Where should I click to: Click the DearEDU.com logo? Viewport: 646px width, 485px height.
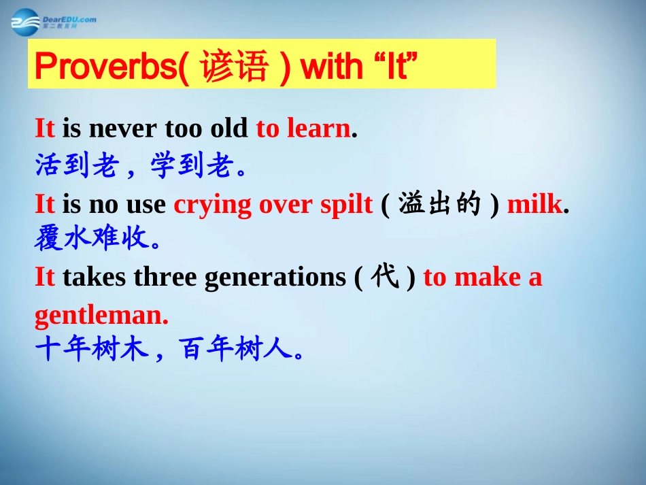pyautogui.click(x=54, y=22)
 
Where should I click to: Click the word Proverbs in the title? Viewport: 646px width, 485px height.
pyautogui.click(x=107, y=67)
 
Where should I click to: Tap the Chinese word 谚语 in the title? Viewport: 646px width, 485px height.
pyautogui.click(x=235, y=66)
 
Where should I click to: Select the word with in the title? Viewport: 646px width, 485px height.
pyautogui.click(x=332, y=67)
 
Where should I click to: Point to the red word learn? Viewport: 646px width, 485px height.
pyautogui.click(x=319, y=128)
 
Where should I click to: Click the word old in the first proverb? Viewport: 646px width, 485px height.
pyautogui.click(x=229, y=128)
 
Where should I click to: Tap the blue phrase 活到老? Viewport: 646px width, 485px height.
pyautogui.click(x=77, y=165)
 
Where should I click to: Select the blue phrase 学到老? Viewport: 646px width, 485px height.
pyautogui.click(x=191, y=165)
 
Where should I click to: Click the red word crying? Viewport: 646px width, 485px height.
pyautogui.click(x=212, y=205)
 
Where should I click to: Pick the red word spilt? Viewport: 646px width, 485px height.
pyautogui.click(x=347, y=204)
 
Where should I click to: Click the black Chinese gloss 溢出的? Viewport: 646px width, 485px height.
pyautogui.click(x=439, y=203)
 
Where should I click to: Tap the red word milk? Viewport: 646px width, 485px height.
pyautogui.click(x=534, y=203)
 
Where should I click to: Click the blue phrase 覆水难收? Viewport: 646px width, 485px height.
pyautogui.click(x=92, y=238)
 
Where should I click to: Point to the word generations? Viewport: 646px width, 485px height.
pyautogui.click(x=275, y=278)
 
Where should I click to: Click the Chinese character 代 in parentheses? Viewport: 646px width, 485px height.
pyautogui.click(x=385, y=275)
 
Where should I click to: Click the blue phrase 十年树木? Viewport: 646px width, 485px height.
pyautogui.click(x=92, y=348)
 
